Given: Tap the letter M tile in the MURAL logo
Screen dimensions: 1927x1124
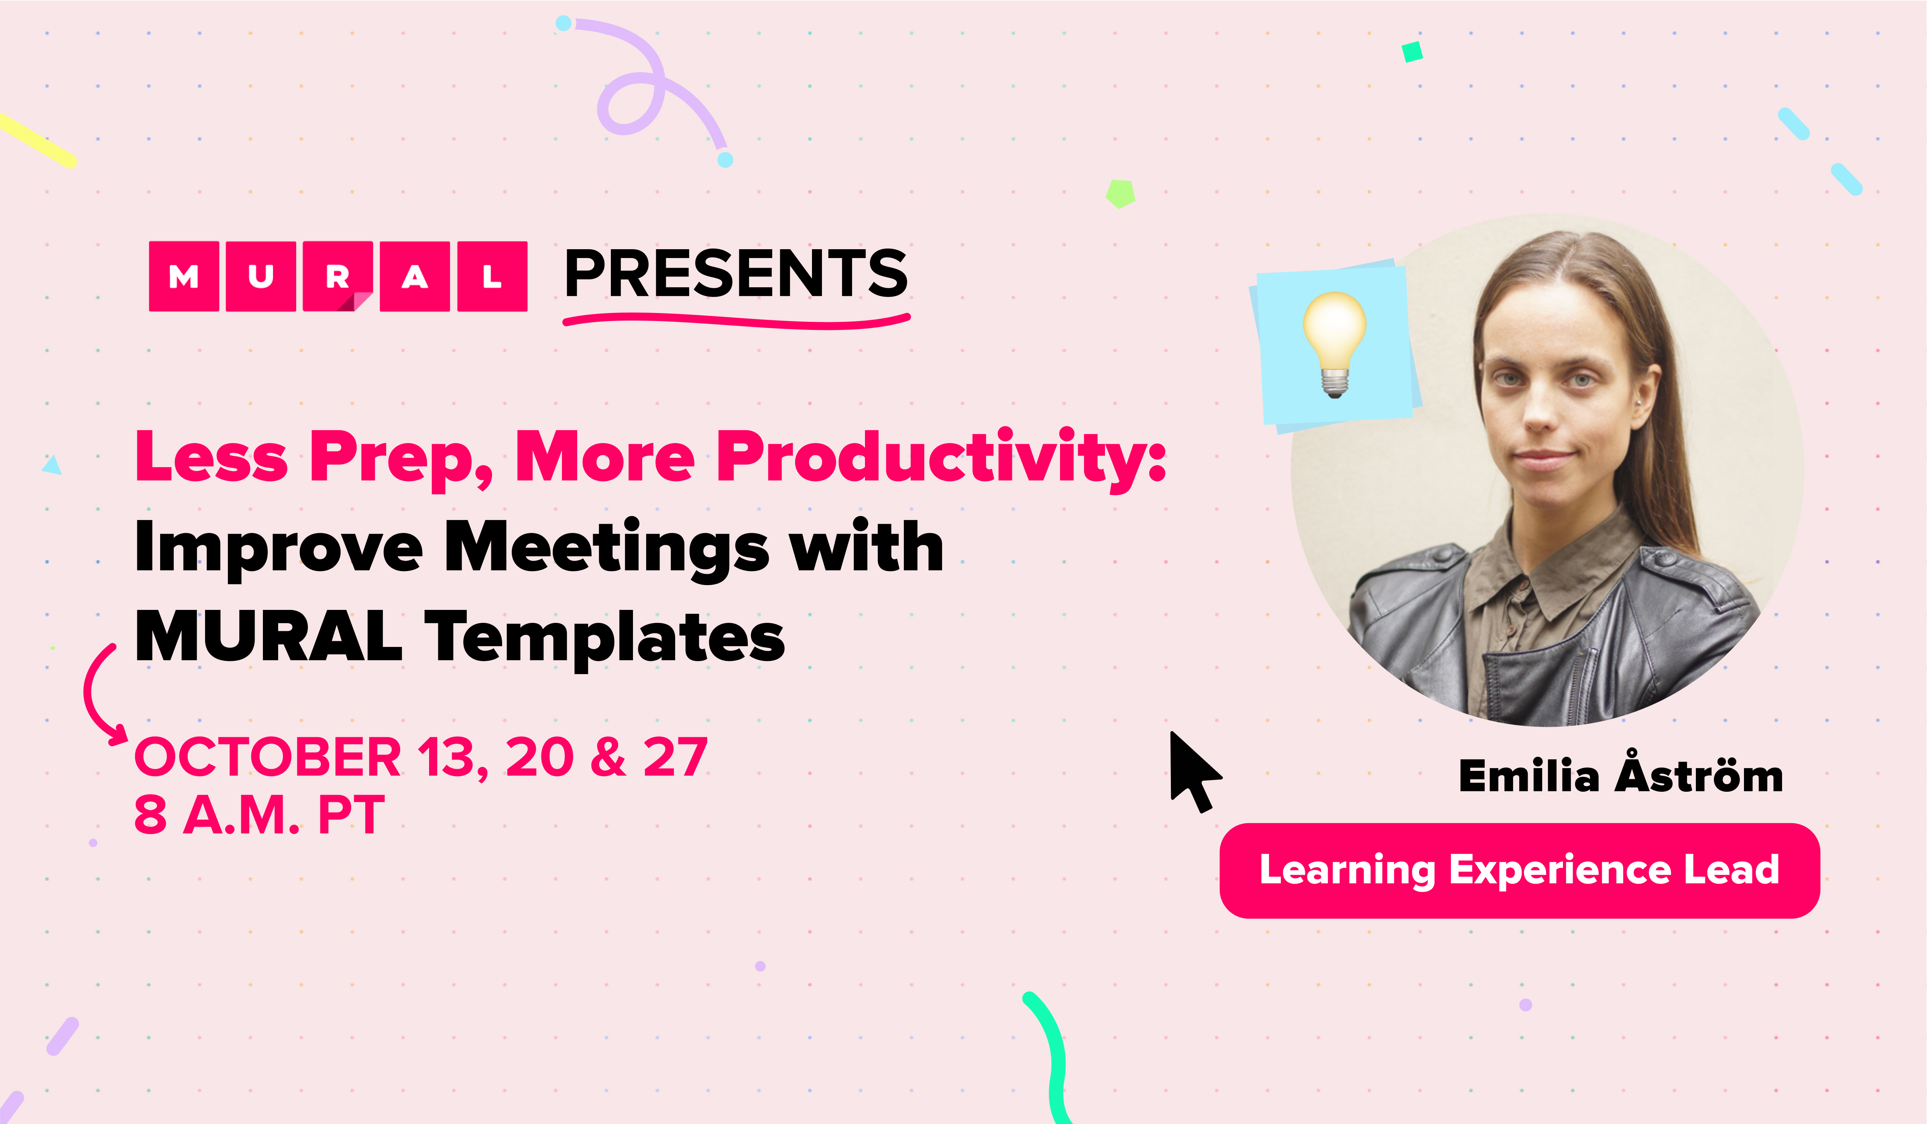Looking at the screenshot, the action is click(183, 276).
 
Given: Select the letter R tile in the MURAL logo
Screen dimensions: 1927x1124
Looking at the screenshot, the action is click(337, 276).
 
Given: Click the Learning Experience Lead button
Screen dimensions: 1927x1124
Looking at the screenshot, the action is click(1520, 870).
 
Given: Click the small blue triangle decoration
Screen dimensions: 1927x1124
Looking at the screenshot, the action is click(52, 465).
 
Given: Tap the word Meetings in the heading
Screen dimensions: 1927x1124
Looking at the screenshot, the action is click(606, 548).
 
